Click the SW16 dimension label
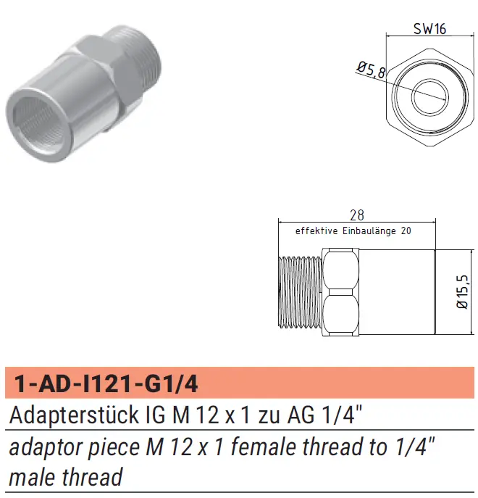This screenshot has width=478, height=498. (429, 29)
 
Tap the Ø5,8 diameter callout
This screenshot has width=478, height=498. (372, 70)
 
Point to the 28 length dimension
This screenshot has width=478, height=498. (357, 215)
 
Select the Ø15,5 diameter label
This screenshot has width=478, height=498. (462, 291)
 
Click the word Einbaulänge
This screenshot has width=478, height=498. (369, 231)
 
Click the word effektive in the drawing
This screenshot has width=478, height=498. (316, 231)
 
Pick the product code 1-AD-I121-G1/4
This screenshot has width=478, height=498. (106, 383)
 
